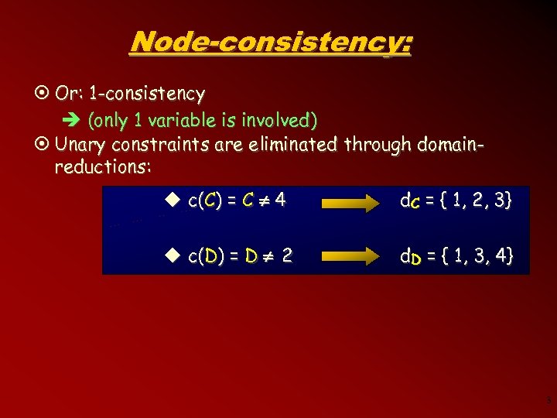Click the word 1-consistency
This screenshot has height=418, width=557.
147,94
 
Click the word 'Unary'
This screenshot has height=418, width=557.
82,145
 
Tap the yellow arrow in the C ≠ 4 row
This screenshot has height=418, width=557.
350,204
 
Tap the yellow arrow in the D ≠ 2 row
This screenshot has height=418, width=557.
350,256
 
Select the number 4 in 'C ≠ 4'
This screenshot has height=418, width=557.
280,200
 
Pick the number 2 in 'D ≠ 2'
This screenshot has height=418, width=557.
287,255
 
